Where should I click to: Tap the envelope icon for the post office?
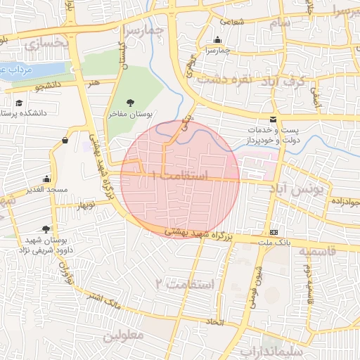[273, 119]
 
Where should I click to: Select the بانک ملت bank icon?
[274, 233]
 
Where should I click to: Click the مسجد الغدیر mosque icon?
[46, 179]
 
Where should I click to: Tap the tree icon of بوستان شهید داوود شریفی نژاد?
[46, 229]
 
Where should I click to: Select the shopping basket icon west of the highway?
[65, 140]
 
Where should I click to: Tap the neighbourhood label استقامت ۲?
[191, 284]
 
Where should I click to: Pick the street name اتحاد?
[214, 321]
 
